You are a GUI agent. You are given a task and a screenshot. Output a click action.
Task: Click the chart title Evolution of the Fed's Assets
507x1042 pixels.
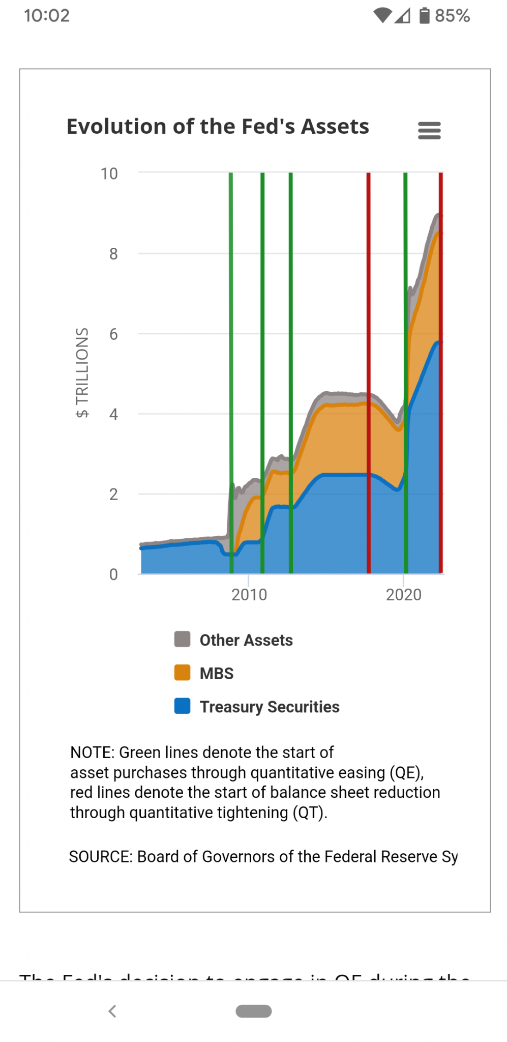click(218, 127)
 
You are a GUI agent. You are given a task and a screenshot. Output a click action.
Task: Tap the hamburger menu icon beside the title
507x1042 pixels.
click(429, 130)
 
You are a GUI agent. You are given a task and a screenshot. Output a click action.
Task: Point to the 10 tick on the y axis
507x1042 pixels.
click(109, 174)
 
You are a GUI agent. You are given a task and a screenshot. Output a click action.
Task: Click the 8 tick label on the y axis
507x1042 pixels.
click(113, 254)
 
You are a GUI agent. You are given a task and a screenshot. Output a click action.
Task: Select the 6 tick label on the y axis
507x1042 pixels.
click(113, 334)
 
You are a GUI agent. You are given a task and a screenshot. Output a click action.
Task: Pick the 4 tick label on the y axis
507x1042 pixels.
click(113, 414)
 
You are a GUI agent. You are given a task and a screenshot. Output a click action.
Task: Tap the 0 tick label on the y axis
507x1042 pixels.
click(113, 574)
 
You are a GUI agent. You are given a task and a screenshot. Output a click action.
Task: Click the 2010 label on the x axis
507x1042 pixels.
click(249, 594)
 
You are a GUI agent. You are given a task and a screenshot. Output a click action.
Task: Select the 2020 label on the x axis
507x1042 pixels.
click(404, 594)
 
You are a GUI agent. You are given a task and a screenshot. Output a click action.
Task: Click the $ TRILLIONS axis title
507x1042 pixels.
click(82, 372)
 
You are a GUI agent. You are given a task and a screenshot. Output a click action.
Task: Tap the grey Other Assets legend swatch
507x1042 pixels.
click(182, 639)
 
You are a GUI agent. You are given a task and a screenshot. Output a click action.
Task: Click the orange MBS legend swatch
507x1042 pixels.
click(182, 673)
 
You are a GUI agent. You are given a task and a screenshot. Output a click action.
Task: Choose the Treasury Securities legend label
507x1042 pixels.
click(270, 707)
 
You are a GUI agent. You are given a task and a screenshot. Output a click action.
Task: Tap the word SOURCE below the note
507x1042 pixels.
click(100, 857)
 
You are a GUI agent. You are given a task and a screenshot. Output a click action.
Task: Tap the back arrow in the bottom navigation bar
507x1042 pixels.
click(112, 1011)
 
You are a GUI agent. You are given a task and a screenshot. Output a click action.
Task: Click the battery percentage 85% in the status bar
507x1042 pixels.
click(452, 16)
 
